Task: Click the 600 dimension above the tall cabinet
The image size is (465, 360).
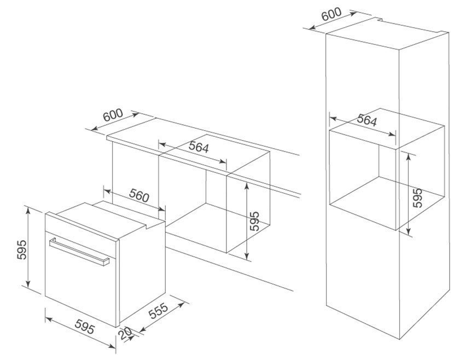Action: (332, 14)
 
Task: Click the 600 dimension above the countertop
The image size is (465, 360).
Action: (113, 115)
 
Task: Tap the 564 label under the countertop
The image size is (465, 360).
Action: (199, 147)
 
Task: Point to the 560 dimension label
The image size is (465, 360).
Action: (139, 196)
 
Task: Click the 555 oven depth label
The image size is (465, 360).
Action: (158, 310)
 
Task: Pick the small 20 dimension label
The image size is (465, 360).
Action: (125, 334)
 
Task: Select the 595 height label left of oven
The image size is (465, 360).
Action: (22, 249)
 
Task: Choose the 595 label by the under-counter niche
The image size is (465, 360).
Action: (254, 221)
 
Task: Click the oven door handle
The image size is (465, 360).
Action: (79, 251)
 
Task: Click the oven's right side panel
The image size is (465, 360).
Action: (142, 273)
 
